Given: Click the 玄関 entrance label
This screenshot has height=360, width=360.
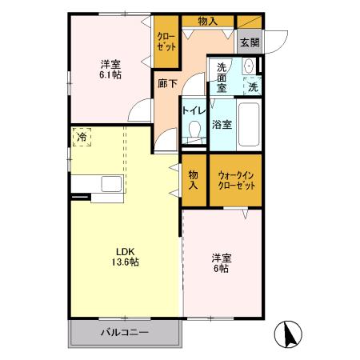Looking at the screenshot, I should [249, 42].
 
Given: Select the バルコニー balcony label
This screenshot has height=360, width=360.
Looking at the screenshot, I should [121, 331].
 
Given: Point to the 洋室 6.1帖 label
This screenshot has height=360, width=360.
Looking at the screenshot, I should [111, 70].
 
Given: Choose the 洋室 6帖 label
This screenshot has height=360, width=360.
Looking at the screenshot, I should [222, 263].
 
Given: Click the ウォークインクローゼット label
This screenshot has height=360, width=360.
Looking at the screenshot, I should [236, 179].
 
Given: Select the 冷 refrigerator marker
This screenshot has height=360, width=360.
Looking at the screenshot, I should [82, 138].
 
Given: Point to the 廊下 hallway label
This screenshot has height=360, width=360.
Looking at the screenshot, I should [167, 82].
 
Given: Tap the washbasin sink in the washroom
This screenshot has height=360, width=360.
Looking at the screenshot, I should [248, 66].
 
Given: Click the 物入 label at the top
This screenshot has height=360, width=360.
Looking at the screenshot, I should [206, 22].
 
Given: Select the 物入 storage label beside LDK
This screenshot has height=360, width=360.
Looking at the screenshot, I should [194, 179].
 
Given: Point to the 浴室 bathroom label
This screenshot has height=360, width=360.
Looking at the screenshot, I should [222, 124].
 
